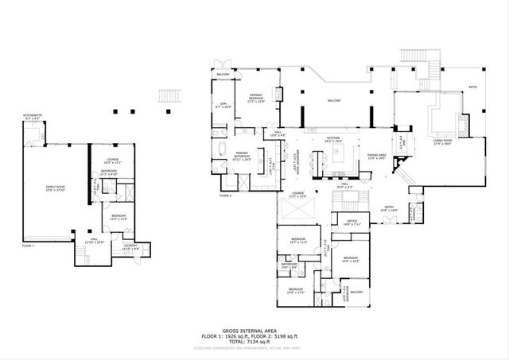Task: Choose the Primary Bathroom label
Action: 243,156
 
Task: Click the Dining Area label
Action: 377,156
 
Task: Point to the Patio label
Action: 472,87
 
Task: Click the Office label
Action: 352,223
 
